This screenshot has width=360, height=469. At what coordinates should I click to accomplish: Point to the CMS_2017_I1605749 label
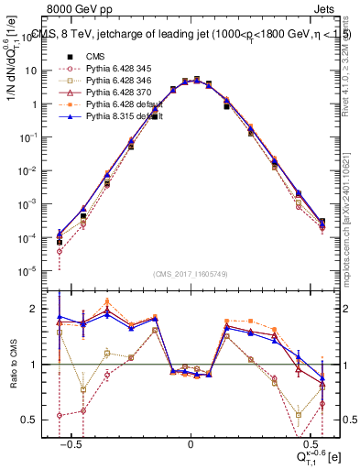coord(190,274)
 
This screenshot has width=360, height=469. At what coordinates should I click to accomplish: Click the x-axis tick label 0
coord(191,443)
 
